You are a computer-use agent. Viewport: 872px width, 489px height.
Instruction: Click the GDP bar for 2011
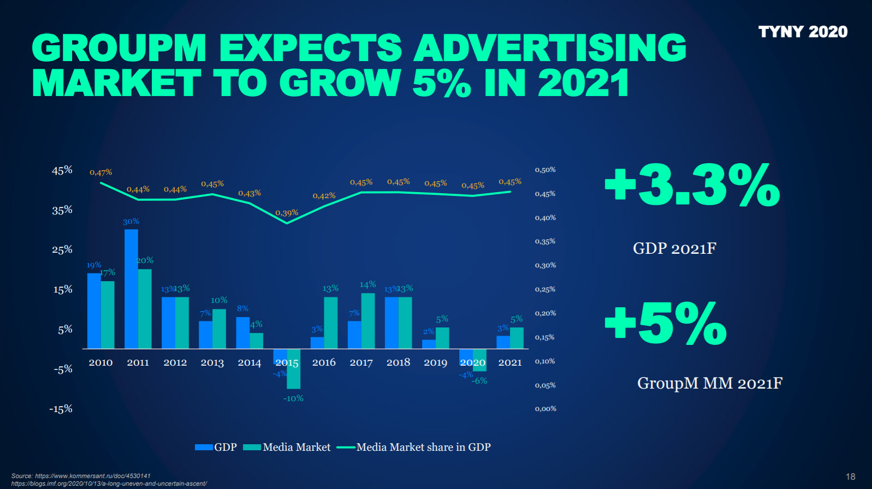click(131, 289)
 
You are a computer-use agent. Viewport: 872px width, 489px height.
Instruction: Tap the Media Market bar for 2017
click(368, 321)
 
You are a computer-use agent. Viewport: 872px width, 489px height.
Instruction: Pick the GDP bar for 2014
click(243, 332)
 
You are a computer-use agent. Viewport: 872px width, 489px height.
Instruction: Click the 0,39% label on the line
click(287, 213)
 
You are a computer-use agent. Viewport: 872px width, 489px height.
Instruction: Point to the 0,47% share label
click(101, 172)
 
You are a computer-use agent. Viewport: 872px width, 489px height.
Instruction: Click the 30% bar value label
click(131, 222)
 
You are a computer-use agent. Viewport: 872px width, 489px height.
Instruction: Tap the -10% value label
click(293, 398)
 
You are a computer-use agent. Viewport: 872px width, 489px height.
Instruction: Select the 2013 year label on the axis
click(212, 362)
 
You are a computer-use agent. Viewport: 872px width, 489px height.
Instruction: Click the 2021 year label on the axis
click(510, 362)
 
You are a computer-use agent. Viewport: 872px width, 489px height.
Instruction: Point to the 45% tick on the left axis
click(62, 170)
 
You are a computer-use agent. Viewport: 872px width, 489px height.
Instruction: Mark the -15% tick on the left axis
click(61, 409)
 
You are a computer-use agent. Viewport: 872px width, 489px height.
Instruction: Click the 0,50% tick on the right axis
click(545, 170)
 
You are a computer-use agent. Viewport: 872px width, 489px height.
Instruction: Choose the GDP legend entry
click(216, 447)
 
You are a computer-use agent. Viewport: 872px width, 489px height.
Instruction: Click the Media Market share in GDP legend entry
click(414, 447)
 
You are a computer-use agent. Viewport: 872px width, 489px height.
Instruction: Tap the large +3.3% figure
click(692, 186)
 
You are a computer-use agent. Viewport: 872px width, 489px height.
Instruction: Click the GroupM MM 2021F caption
click(710, 383)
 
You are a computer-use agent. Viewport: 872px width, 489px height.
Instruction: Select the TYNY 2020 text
click(803, 32)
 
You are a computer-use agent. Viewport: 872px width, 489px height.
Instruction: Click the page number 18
click(850, 476)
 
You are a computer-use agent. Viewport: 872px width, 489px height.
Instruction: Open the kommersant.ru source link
click(93, 476)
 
